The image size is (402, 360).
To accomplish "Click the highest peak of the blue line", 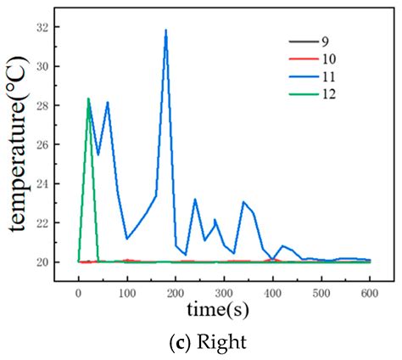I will click(165, 31).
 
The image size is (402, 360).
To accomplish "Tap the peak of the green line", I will click(88, 98).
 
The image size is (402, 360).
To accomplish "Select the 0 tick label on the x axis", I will click(79, 293).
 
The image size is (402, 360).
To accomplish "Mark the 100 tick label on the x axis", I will click(127, 293).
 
